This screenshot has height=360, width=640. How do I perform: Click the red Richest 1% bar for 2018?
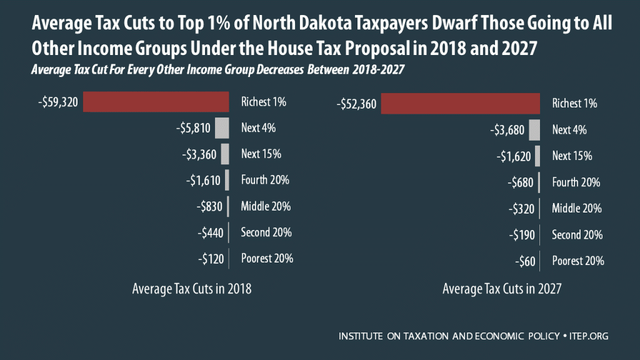point(156,102)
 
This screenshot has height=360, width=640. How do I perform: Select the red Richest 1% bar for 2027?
point(461,104)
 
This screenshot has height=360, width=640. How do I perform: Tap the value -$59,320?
point(57,102)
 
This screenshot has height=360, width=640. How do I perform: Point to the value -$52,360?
point(356,104)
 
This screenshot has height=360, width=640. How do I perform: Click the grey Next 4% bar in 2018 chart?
point(222,128)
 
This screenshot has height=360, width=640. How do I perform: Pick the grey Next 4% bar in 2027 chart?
point(534,130)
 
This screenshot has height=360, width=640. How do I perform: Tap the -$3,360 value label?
point(198,154)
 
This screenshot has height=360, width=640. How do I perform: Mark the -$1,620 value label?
point(511,156)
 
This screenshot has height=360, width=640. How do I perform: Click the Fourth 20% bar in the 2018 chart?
point(227,181)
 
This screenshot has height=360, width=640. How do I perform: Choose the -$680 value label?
point(517,182)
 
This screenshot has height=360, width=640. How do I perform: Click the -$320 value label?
point(517,209)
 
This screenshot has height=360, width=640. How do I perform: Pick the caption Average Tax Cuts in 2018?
point(192,289)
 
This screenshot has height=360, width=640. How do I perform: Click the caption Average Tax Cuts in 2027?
point(502,289)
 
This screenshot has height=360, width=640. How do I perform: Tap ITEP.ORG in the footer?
point(589,336)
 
